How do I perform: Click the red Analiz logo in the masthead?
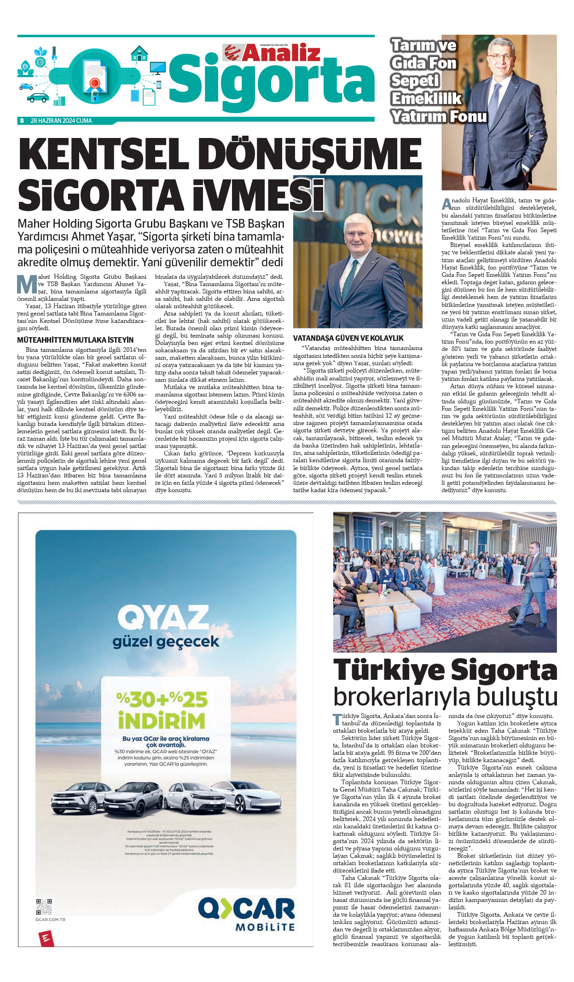tap(272, 53)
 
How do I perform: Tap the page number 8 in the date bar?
tap(22, 121)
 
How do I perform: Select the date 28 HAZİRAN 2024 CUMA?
tap(61, 121)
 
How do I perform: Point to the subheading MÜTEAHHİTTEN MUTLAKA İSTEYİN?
tap(75, 340)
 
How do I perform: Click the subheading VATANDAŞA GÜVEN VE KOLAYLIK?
tap(348, 338)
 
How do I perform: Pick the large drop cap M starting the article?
tap(27, 284)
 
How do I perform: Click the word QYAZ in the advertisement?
tap(163, 617)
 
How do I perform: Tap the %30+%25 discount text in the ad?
tap(162, 699)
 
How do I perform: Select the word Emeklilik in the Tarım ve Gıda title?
tap(426, 98)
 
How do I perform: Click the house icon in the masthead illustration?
tap(139, 54)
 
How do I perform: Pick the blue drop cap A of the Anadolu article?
tap(446, 204)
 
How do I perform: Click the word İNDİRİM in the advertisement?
tap(161, 721)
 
